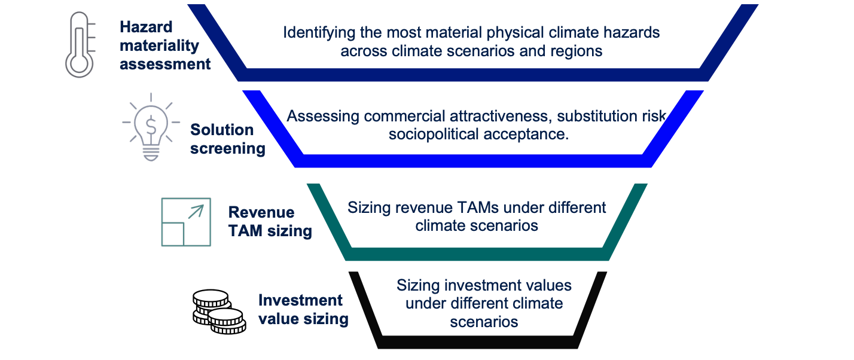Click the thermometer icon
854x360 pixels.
[81, 45]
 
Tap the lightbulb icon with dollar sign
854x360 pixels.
[151, 127]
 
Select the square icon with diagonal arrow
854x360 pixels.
[186, 222]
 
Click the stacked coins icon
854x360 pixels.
[219, 312]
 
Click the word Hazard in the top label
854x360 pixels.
[146, 27]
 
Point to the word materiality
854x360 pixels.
[159, 46]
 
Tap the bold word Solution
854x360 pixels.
[222, 130]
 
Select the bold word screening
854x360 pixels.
[228, 149]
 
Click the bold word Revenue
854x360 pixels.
[261, 212]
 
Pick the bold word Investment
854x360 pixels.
[300, 300]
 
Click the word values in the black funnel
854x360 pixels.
[549, 285]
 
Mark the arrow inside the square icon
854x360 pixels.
[196, 212]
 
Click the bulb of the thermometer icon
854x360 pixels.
[80, 63]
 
